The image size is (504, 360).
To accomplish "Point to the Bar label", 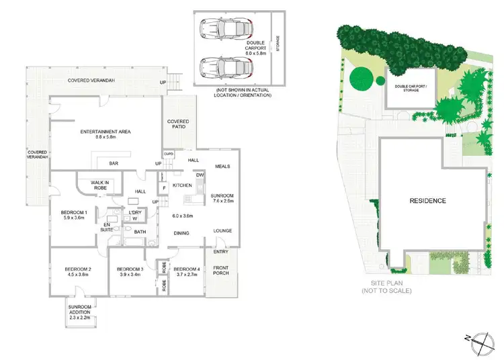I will click(105, 163).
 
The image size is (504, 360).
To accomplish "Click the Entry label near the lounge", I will click(220, 252).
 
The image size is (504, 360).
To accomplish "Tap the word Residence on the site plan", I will click(428, 201).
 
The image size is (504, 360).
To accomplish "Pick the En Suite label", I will click(106, 227).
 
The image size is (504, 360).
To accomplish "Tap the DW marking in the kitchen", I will click(200, 175).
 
